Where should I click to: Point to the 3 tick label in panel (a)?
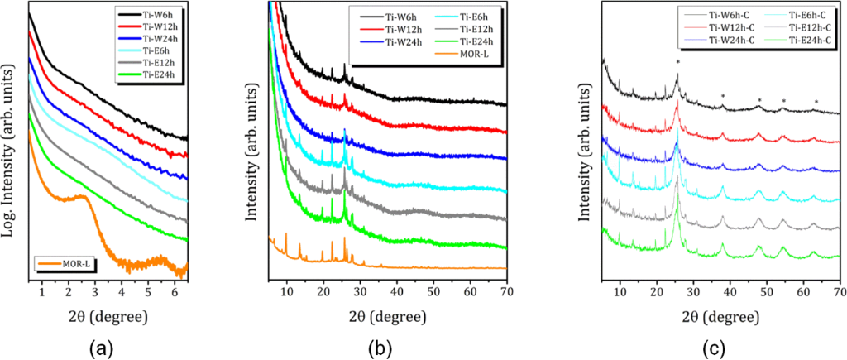coord(95,292)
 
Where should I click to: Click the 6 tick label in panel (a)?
coord(175,292)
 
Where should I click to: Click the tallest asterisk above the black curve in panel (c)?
coord(678,63)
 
